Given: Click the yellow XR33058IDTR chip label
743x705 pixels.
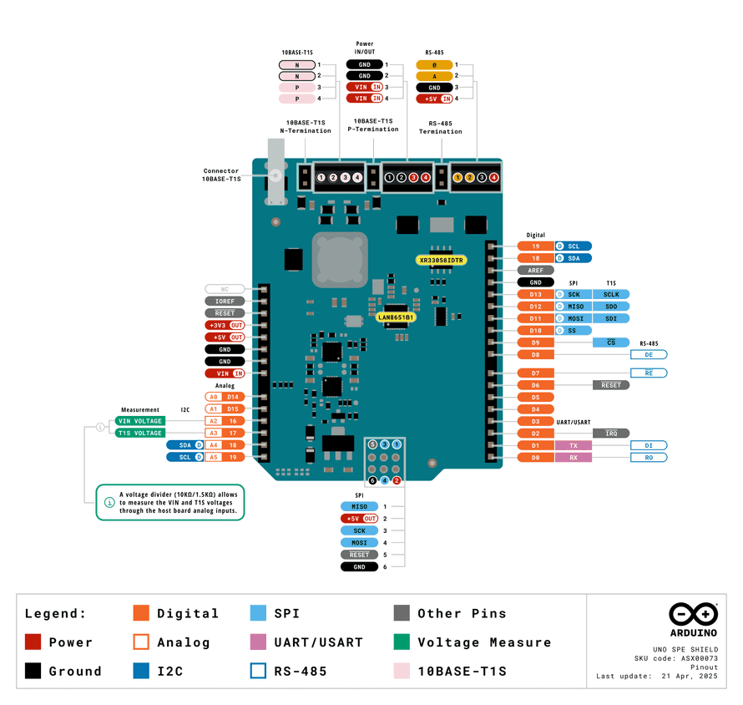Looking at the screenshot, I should tap(442, 261).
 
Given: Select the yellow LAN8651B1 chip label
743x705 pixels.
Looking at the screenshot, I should tap(396, 317).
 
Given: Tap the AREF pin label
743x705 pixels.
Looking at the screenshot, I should tap(535, 271).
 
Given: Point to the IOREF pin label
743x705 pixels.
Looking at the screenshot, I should tap(225, 301).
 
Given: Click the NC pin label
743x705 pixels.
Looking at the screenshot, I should tap(225, 289).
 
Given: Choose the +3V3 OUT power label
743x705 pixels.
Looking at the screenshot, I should tap(225, 325).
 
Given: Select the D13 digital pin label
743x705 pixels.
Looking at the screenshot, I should tap(535, 295).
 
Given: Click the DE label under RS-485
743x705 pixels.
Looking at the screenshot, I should tap(648, 355).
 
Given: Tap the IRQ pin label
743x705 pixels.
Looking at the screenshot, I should tap(611, 434).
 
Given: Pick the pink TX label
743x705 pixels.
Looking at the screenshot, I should tap(574, 446).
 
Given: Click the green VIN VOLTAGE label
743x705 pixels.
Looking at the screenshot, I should tap(140, 421).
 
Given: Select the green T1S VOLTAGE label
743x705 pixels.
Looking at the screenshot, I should tap(140, 434).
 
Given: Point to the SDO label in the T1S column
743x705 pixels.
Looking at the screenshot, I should tap(611, 307).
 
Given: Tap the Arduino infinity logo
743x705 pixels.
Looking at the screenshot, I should tap(693, 615).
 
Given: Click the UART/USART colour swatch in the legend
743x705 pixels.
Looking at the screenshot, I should tap(258, 642).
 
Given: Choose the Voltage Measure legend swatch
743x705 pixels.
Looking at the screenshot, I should tap(402, 642).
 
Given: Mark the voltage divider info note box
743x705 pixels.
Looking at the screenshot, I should tap(170, 502).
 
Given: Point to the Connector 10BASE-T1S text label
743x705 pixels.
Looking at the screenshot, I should tap(222, 175).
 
